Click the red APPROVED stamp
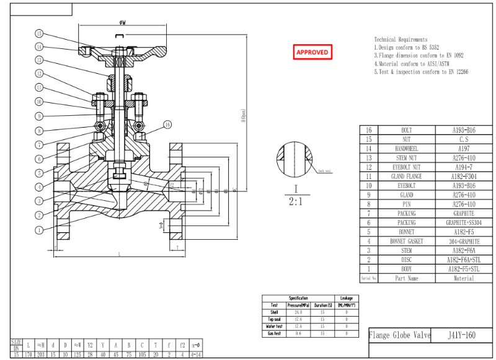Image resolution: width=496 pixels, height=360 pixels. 313,52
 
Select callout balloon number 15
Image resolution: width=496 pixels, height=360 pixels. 39,33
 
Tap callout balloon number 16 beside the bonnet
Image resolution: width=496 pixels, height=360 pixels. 167,125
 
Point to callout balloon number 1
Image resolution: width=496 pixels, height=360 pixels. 39,230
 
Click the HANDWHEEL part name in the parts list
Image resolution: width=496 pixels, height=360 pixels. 406,149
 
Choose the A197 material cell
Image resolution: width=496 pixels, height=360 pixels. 463,149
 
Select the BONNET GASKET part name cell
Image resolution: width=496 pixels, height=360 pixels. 406,241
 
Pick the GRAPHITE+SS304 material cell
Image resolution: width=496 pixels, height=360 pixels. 463,222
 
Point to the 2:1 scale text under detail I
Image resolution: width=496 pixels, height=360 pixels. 296,201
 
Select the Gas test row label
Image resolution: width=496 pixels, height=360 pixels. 273,333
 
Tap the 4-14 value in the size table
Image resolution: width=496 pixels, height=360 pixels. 195,354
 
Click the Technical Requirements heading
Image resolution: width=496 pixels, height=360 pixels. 401,39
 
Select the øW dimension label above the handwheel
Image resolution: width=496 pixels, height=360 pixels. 122,23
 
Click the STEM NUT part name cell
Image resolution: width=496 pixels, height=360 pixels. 406,158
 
